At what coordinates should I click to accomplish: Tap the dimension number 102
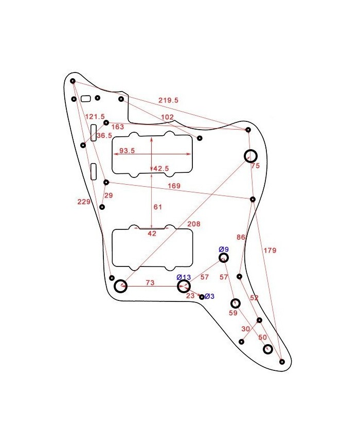[167, 117]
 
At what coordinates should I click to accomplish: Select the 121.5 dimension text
[95, 117]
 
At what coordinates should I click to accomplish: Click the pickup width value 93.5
[127, 151]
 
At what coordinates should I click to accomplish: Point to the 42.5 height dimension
[161, 168]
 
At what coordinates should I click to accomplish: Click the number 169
[174, 186]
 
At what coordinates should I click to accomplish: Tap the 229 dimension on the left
[84, 202]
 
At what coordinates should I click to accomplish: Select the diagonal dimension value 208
[194, 224]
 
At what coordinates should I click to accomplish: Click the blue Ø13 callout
[184, 277]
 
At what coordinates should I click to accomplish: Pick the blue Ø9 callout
[224, 249]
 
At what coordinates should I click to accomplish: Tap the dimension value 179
[270, 251]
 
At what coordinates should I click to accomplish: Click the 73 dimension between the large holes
[150, 283]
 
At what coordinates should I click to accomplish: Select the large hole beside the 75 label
[250, 156]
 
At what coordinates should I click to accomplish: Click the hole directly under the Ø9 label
[224, 258]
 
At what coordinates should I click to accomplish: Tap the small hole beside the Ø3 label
[202, 297]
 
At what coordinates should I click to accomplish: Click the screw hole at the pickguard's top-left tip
[73, 81]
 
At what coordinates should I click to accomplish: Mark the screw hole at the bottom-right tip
[282, 362]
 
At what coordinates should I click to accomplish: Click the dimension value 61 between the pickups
[158, 207]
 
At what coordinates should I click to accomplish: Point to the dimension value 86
[240, 237]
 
